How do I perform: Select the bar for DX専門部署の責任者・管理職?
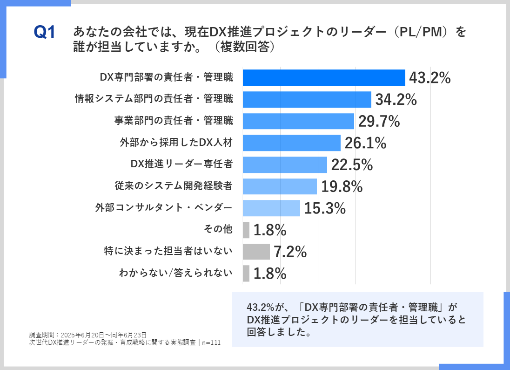click(324, 78)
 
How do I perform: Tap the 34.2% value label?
click(396, 100)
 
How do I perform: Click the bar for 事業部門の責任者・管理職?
click(298, 121)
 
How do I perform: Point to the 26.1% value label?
click(365, 143)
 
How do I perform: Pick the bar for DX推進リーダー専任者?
click(285, 164)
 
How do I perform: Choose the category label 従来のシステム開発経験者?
click(173, 186)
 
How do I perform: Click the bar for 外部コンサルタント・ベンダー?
click(271, 208)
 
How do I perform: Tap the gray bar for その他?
click(246, 230)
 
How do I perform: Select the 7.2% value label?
click(290, 252)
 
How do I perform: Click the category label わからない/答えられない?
click(175, 273)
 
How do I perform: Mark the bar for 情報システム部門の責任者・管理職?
click(307, 100)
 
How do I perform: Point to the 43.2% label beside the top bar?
click(429, 78)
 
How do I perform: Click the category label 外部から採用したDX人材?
click(176, 143)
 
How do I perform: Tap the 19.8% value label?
click(342, 186)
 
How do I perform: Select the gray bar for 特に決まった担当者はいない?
click(256, 252)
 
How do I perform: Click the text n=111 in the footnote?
click(211, 343)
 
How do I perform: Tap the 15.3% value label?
click(325, 208)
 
